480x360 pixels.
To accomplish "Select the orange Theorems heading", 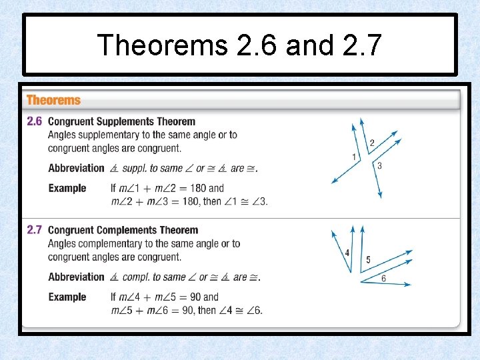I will point(53,101).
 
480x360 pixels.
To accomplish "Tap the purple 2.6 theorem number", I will point(35,121).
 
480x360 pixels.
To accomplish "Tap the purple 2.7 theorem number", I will point(35,230).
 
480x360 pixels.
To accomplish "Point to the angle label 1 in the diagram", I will point(354,157).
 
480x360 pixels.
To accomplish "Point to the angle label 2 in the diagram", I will point(371,142).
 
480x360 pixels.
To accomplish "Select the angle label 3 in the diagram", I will point(379,166).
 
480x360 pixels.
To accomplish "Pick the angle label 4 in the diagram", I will point(347,253).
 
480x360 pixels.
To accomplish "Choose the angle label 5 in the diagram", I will point(369,259).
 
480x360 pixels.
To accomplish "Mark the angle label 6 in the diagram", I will point(383,279).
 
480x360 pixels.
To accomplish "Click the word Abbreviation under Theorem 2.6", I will point(76,168).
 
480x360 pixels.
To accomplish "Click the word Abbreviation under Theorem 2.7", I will point(76,277).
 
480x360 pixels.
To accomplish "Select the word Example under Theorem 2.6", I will point(67,188).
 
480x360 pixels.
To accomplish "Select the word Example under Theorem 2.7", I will point(67,297).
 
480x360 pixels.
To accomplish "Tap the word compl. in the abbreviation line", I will point(135,277).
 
